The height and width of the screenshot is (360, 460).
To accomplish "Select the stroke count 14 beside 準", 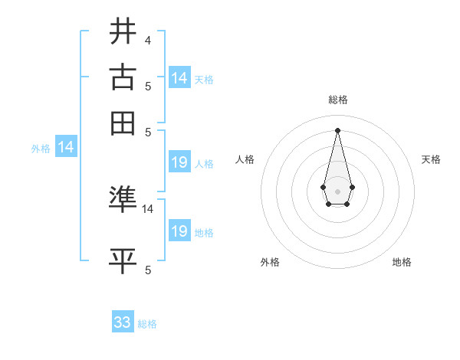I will click(x=148, y=208).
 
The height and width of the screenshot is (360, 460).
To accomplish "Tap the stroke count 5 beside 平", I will click(x=147, y=270).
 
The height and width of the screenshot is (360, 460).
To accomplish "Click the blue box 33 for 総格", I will click(x=123, y=322).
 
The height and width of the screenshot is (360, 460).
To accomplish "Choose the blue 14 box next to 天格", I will click(x=179, y=77).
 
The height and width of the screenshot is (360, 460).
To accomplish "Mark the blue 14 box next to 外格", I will click(x=66, y=147).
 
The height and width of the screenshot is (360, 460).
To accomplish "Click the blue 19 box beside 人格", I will click(x=179, y=162).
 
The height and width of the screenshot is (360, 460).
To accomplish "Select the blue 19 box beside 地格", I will click(x=179, y=231).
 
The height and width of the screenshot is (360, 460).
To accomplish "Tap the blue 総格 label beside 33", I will click(x=147, y=324).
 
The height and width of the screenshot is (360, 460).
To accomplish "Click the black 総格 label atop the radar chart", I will click(x=338, y=100).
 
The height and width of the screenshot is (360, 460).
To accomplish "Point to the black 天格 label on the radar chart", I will click(x=432, y=159).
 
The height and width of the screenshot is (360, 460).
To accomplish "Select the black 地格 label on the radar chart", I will click(x=402, y=262).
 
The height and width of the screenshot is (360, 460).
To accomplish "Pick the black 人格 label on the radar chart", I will click(x=245, y=159).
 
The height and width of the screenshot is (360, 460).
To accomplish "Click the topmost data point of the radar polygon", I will click(x=338, y=129).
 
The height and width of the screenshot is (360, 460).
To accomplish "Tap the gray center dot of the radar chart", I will click(x=338, y=190).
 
